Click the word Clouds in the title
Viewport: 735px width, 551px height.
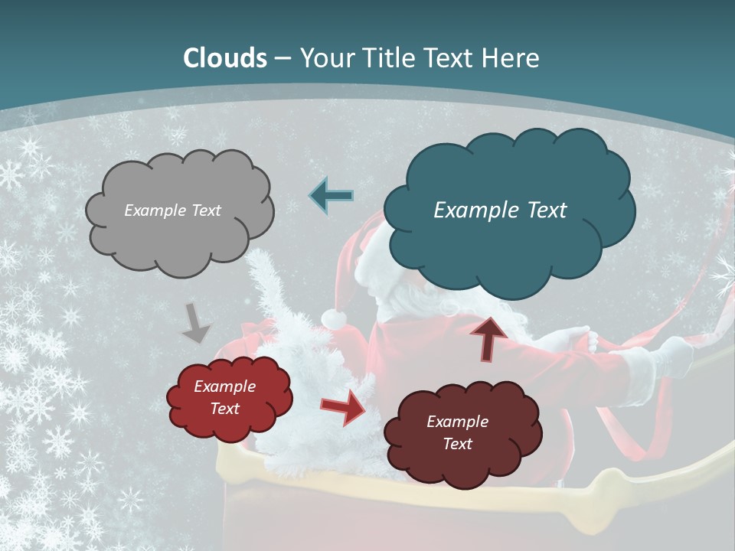[225, 58]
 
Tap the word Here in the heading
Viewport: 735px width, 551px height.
[512, 58]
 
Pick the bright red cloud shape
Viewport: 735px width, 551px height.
[229, 398]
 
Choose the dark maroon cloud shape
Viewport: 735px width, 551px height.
[462, 433]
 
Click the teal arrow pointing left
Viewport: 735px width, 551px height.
[332, 196]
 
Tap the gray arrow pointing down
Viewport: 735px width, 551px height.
[196, 322]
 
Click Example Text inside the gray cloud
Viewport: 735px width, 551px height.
[172, 210]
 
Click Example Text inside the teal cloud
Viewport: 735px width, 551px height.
[500, 210]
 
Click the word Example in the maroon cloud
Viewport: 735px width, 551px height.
[457, 422]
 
